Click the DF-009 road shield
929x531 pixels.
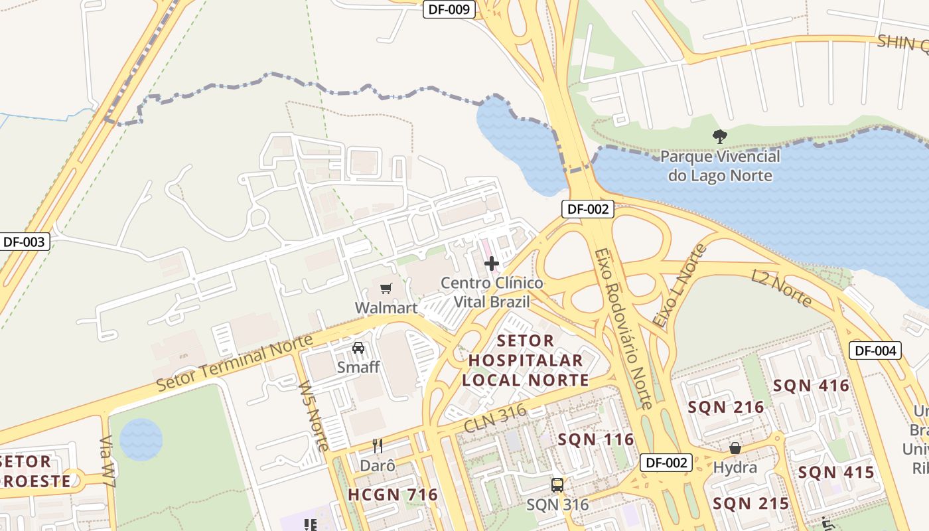tap(449, 9)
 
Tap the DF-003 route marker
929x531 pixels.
tap(24, 242)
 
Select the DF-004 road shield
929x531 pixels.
tap(875, 350)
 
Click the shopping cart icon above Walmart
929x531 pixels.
tap(386, 288)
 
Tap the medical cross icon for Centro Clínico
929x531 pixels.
tap(491, 264)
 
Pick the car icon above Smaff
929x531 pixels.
tap(358, 347)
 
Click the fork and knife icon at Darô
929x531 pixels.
tap(377, 445)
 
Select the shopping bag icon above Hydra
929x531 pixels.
tap(735, 448)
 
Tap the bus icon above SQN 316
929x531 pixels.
tap(557, 485)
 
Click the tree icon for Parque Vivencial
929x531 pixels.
tap(719, 137)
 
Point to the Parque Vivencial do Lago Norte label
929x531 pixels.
tap(720, 166)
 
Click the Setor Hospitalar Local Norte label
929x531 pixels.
tap(526, 360)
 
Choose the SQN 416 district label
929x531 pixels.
tap(811, 386)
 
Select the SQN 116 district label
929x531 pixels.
tap(595, 439)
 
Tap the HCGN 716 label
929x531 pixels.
tap(393, 494)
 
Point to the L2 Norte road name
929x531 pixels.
tap(781, 288)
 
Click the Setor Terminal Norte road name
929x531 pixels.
tap(234, 364)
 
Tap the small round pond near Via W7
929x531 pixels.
tap(141, 439)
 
